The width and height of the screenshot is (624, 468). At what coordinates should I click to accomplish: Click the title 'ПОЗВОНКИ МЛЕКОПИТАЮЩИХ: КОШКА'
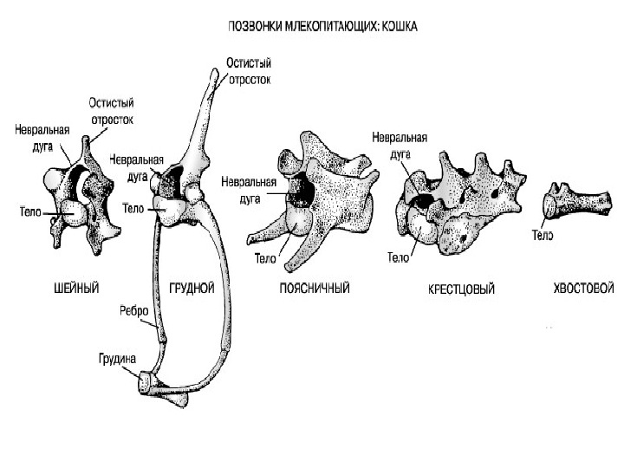pos(323,27)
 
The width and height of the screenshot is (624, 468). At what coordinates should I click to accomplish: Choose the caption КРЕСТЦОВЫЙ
pos(461,289)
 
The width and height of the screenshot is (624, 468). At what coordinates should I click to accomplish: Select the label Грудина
pos(117,356)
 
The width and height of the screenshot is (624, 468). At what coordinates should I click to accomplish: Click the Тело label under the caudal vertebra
pos(543,235)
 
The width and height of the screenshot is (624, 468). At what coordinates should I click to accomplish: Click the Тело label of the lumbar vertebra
pos(266,257)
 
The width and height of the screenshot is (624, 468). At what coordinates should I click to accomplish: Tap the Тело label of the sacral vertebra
pos(399,257)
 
